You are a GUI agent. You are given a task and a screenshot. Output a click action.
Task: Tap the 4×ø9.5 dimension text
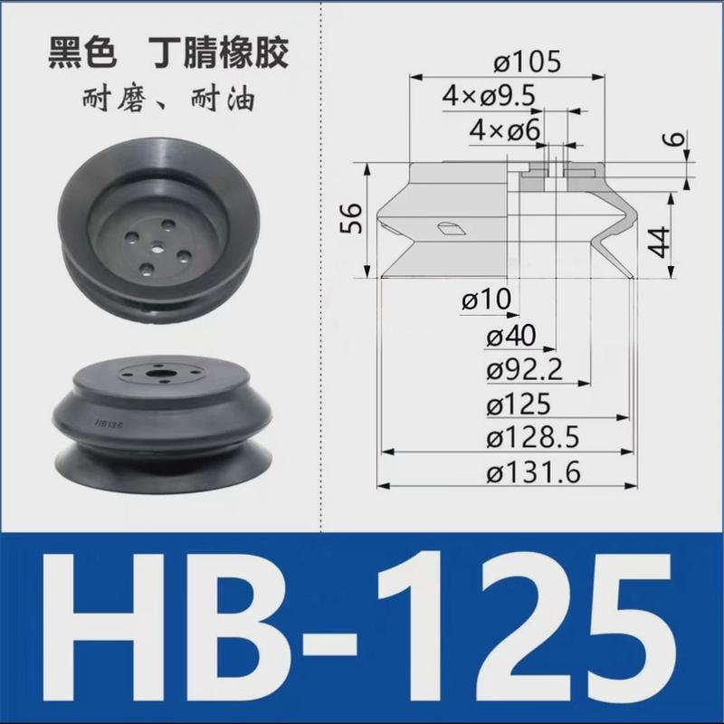[x=488, y=97]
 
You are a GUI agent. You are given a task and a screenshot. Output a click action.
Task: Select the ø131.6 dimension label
[x=532, y=472]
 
